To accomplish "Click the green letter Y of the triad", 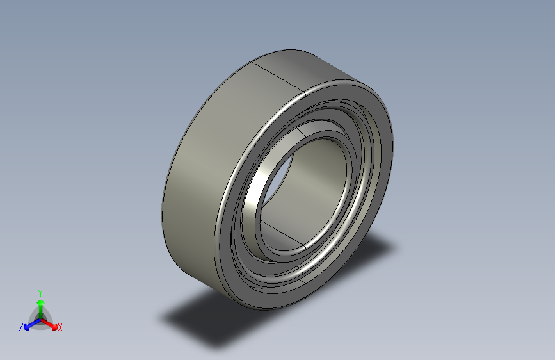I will [40, 291].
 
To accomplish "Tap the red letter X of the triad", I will [60, 328].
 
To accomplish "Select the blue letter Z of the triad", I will [21, 327].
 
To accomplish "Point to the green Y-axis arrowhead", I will [40, 302].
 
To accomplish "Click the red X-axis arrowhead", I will [53, 324].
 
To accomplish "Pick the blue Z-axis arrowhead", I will [27, 325].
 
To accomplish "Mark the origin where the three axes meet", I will [40, 318].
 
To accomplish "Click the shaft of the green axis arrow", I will [40, 311].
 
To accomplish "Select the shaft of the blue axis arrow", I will [33, 322].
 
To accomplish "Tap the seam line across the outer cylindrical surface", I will [278, 78].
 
